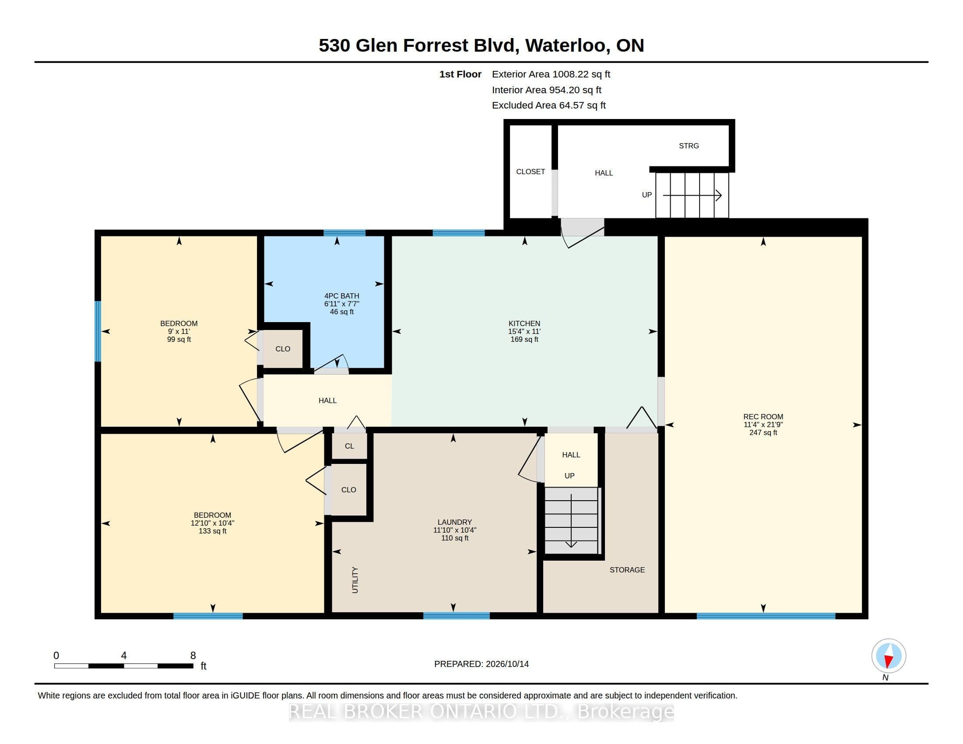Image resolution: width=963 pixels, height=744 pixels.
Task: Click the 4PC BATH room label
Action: point(342,296)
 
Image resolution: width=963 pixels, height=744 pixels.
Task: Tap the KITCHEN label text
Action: point(524,323)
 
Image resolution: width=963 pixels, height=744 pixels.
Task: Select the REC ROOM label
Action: point(763,417)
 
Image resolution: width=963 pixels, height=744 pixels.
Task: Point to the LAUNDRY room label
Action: point(455,522)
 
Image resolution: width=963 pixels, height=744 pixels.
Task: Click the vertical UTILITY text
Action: point(355,580)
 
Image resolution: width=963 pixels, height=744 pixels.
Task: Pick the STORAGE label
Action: point(627,570)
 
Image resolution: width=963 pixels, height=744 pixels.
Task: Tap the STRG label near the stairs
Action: point(689,146)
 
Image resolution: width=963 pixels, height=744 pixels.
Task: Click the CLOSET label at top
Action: point(531,172)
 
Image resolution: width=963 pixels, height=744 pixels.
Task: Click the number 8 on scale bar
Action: point(193,656)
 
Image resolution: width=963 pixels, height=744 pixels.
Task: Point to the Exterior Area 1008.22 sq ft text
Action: point(551,74)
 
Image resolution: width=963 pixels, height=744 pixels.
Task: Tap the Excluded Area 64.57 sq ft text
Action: point(549,105)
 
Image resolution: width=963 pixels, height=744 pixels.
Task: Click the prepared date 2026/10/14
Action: point(507,664)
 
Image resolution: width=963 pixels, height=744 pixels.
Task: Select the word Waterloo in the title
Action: point(567,46)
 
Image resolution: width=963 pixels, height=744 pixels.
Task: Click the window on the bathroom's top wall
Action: point(344,233)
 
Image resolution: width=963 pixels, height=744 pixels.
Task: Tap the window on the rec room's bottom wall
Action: point(766,616)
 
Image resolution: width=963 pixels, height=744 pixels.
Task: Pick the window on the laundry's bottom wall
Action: point(457,616)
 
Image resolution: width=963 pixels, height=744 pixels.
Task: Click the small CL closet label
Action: point(349,446)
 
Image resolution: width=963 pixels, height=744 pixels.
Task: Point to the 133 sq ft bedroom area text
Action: point(213,531)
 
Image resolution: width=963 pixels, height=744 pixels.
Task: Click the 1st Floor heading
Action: point(460,74)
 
